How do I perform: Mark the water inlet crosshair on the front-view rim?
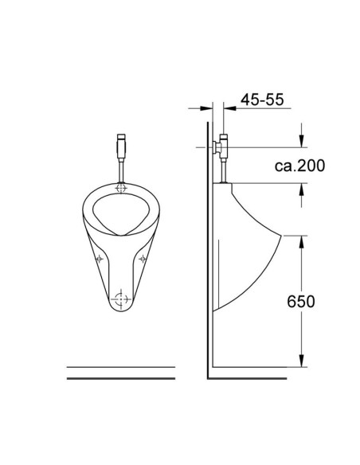point(122,189)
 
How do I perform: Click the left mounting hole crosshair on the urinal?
point(100,258)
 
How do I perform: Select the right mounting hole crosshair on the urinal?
point(143,258)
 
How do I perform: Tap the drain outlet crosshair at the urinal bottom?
point(121,301)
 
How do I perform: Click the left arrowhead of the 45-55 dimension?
point(209,107)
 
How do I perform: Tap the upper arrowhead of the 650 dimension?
point(301,240)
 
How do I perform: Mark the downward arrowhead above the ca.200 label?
point(301,143)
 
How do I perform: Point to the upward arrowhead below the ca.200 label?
point(301,189)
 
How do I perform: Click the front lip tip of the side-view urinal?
point(280,236)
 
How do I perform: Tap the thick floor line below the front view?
point(121,378)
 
